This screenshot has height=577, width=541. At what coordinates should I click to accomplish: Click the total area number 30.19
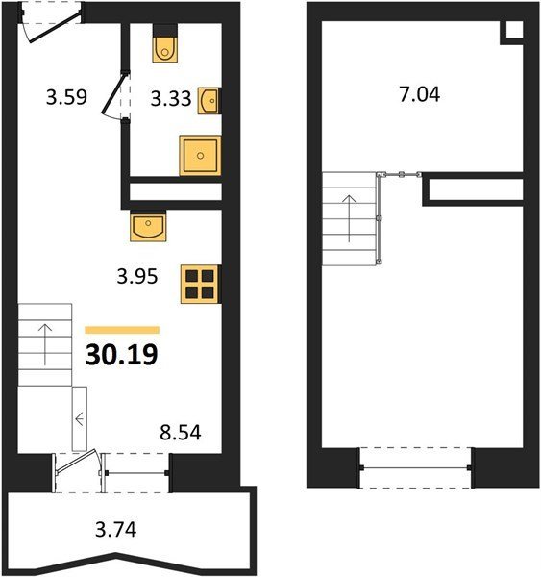pyautogui.click(x=122, y=355)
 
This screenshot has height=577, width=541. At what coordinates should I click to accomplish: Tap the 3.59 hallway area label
pyautogui.click(x=66, y=97)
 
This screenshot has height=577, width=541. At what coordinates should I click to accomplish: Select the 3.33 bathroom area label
pyautogui.click(x=171, y=99)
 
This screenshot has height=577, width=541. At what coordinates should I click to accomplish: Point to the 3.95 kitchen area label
pyautogui.click(x=137, y=276)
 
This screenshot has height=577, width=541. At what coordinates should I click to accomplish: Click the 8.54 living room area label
pyautogui.click(x=181, y=433)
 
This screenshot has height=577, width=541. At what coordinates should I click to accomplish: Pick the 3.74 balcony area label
pyautogui.click(x=116, y=530)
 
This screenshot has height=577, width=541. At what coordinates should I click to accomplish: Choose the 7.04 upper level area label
pyautogui.click(x=420, y=94)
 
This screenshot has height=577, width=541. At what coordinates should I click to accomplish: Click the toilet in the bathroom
pyautogui.click(x=165, y=43)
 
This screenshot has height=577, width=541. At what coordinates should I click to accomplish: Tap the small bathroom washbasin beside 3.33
pyautogui.click(x=209, y=100)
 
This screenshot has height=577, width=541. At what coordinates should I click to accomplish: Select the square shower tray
pyautogui.click(x=200, y=155)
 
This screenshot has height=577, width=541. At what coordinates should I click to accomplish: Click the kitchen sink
pyautogui.click(x=148, y=226)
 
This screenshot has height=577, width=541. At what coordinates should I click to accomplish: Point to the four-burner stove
pyautogui.click(x=201, y=285)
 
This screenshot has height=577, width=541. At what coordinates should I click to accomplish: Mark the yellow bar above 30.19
pyautogui.click(x=122, y=330)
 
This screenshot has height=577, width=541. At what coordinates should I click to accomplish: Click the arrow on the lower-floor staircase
pyautogui.click(x=45, y=344)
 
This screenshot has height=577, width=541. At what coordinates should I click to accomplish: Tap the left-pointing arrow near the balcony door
pyautogui.click(x=80, y=418)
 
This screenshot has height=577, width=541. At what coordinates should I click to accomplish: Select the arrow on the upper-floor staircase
pyautogui.click(x=349, y=218)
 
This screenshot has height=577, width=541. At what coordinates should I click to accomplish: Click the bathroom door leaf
pyautogui.click(x=114, y=92)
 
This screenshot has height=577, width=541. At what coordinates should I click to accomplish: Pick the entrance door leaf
pyautogui.click(x=55, y=27)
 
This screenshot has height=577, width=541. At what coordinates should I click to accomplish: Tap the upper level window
pyautogui.click(x=415, y=468)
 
